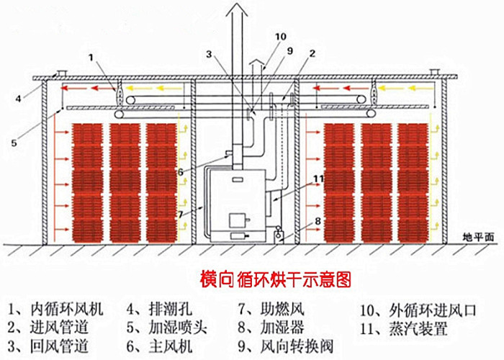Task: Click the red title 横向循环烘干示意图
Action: [x=276, y=279]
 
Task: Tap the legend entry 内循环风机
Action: [x=67, y=309]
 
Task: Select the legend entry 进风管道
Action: [x=60, y=328]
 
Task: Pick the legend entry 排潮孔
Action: [x=171, y=309]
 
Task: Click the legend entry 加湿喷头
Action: [x=178, y=328]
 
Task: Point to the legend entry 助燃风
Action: [x=282, y=309]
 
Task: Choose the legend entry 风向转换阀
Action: [x=297, y=346]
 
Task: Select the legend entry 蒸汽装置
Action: [x=418, y=328]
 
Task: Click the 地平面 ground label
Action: [x=478, y=237]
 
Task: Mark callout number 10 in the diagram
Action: [x=280, y=37]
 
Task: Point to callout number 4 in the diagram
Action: [x=18, y=99]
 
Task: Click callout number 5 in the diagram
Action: [x=14, y=143]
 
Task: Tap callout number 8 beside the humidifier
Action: [x=318, y=221]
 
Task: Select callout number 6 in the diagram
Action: [x=180, y=172]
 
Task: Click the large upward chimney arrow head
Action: [x=237, y=9]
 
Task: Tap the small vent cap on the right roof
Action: [x=435, y=72]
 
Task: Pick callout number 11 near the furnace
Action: [x=318, y=179]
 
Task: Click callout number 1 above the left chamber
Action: [x=91, y=57]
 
